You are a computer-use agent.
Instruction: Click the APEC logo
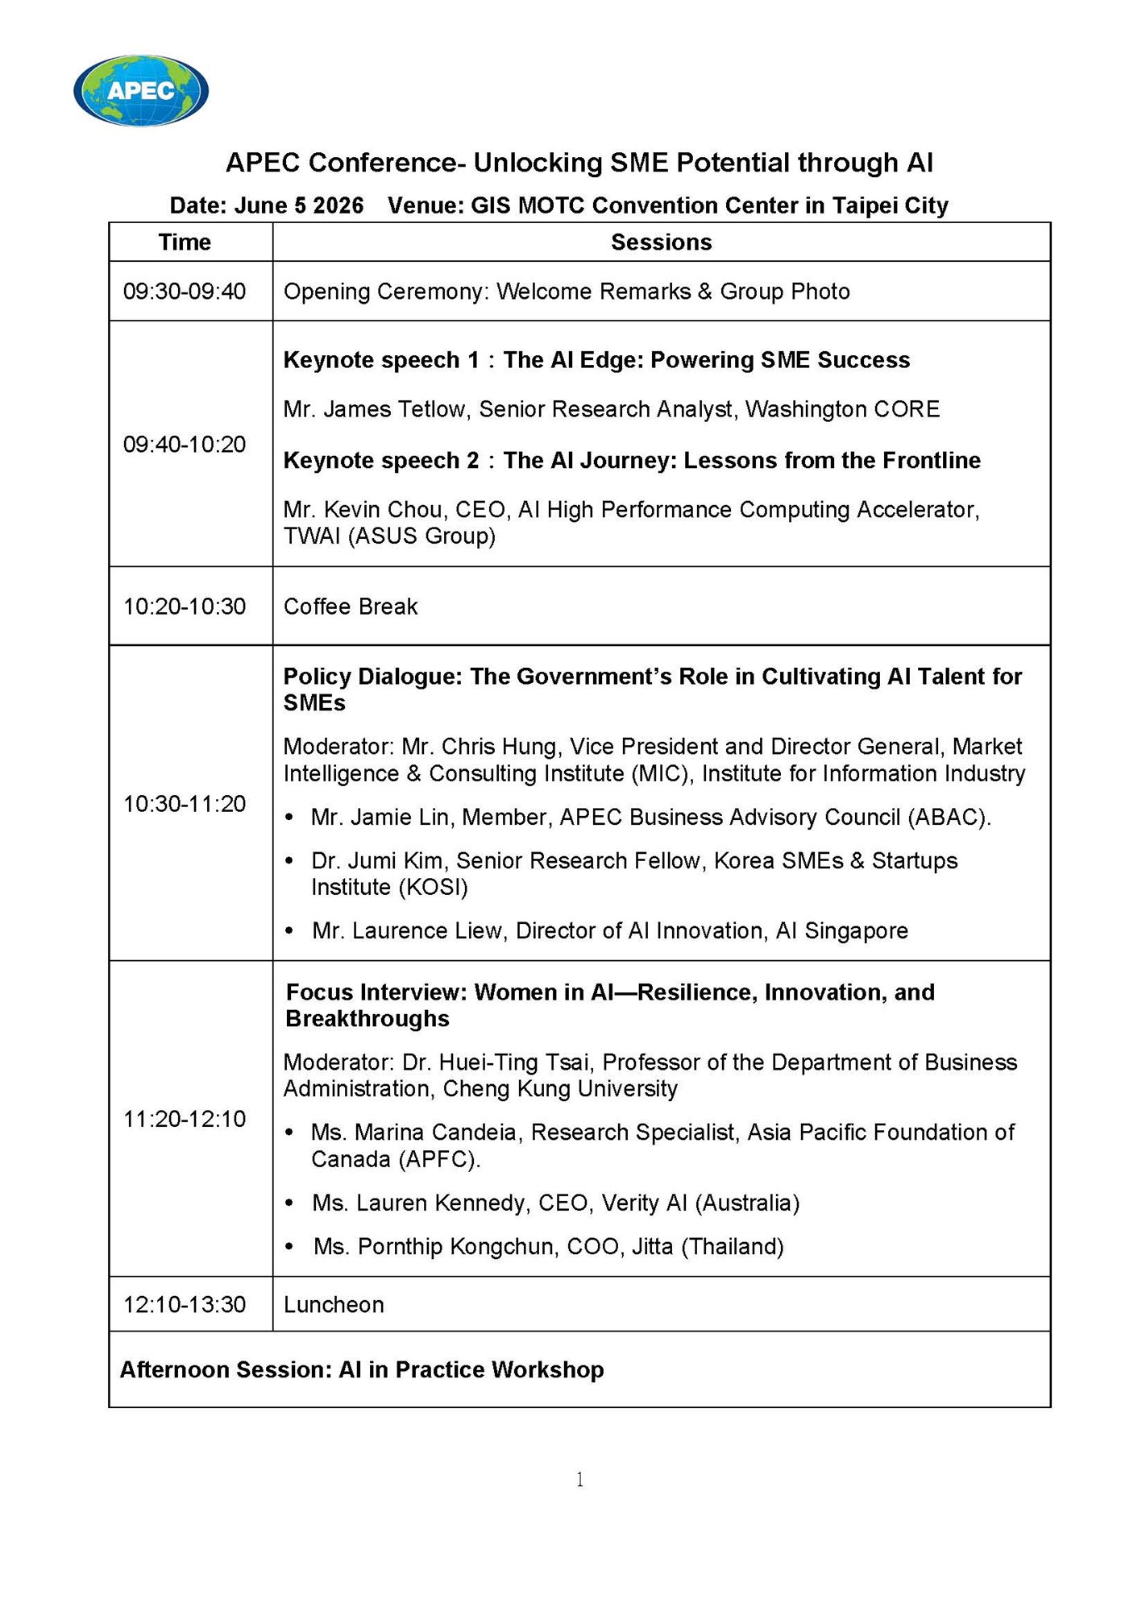(141, 90)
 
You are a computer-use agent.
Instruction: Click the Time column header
(185, 242)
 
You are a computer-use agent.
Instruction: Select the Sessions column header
(661, 242)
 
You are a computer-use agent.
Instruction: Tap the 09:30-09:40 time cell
(185, 292)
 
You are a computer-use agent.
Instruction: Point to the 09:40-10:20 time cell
(185, 445)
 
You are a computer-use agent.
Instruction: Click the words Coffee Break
(351, 607)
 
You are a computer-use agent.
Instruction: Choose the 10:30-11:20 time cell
(185, 804)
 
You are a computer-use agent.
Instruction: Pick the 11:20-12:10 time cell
(185, 1119)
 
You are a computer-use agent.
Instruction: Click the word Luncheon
(334, 1305)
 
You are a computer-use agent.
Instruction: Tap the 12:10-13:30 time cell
(185, 1305)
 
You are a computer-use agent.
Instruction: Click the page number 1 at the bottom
(579, 1480)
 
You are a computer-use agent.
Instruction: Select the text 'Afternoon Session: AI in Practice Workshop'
(362, 1370)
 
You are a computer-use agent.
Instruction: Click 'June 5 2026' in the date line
(299, 206)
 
